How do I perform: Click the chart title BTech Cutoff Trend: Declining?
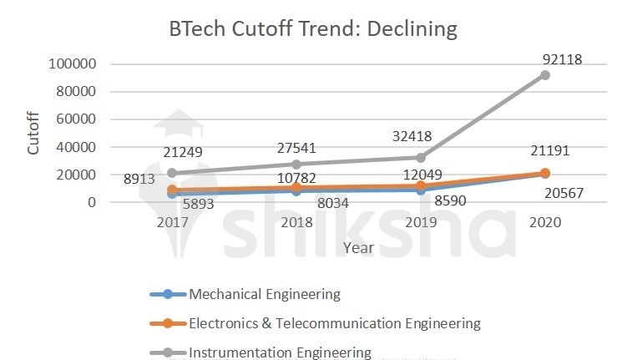click(313, 29)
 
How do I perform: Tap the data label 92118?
click(559, 59)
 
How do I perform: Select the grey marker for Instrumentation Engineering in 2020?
click(545, 75)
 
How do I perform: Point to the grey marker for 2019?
click(421, 157)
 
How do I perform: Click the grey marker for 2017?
click(172, 173)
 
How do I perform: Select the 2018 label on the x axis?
click(296, 223)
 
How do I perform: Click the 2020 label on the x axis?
click(544, 223)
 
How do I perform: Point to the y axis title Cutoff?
click(33, 134)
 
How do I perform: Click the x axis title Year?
click(357, 247)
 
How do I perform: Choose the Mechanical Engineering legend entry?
click(264, 294)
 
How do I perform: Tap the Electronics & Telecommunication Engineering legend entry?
click(334, 323)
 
